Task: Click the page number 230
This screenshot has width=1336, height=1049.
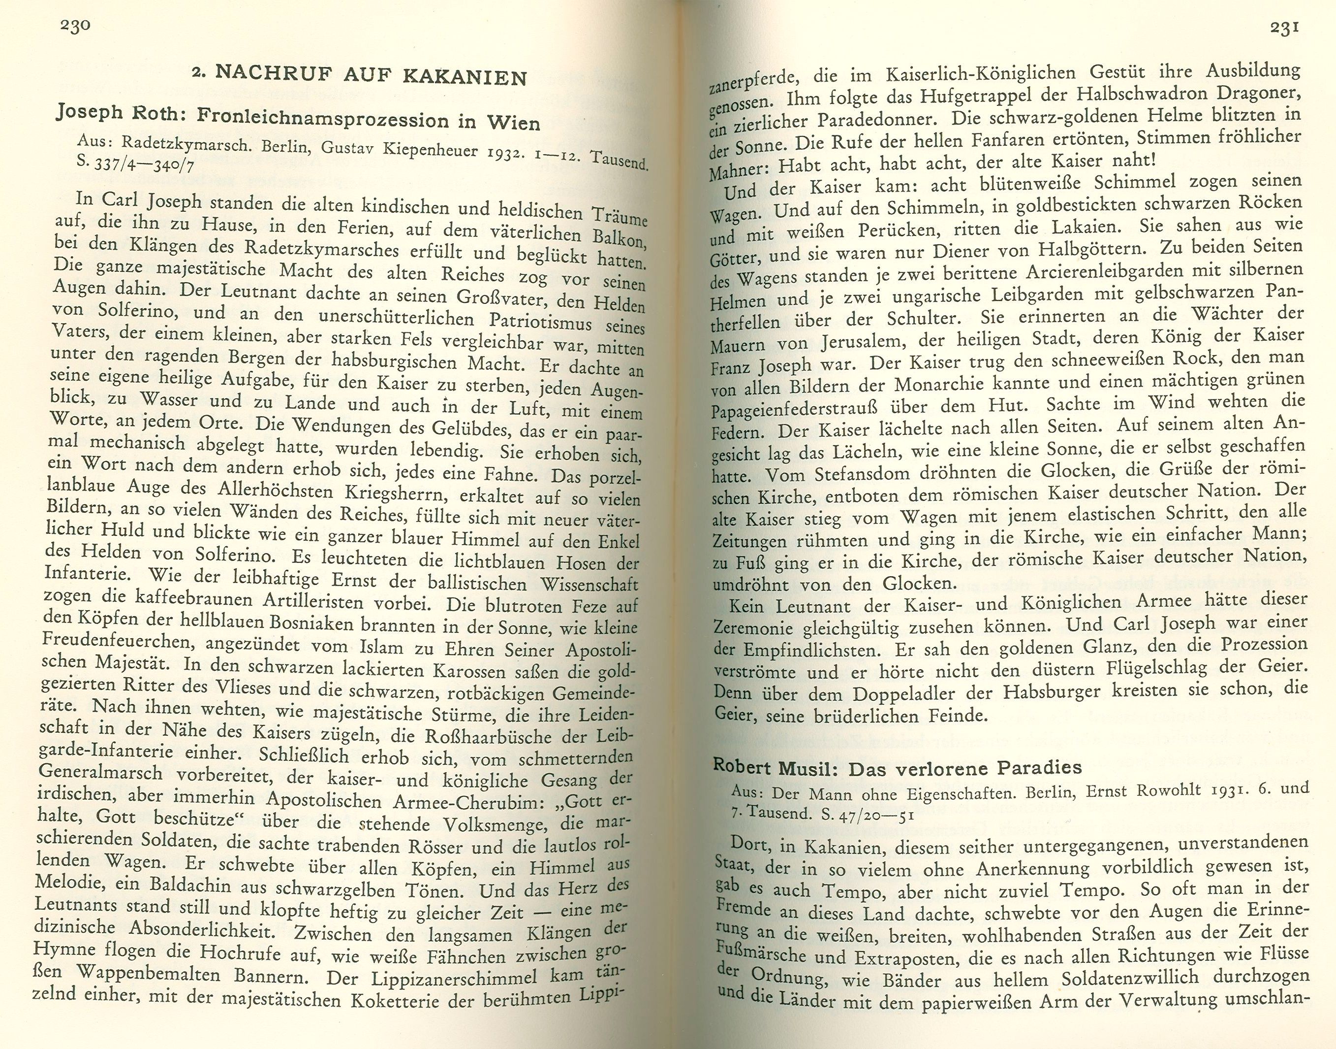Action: [75, 27]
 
